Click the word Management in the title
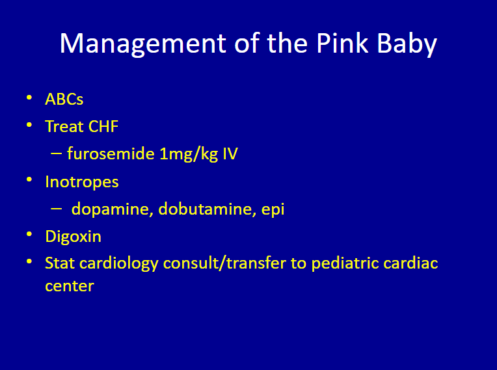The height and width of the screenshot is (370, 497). tap(143, 44)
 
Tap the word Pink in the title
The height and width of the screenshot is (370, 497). tap(342, 43)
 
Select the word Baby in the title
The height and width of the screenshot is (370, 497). tap(407, 44)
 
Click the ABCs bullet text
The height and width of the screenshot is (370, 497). tap(64, 99)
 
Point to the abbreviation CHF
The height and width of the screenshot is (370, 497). tap(103, 126)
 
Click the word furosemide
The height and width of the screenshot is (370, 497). tap(111, 153)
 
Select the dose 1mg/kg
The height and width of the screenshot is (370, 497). tap(189, 154)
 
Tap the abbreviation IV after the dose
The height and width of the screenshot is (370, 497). tap(230, 154)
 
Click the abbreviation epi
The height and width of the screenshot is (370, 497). tap(273, 210)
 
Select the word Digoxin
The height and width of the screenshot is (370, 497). tap(74, 237)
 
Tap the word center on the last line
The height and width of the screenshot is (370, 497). tap(70, 286)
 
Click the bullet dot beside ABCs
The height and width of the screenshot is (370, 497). tap(29, 98)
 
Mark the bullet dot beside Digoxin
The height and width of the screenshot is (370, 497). tap(29, 234)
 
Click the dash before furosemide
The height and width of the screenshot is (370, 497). tap(56, 153)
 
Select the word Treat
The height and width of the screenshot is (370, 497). tap(64, 126)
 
